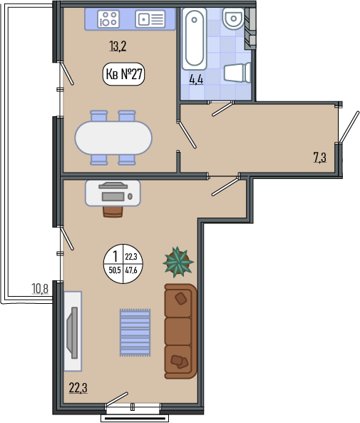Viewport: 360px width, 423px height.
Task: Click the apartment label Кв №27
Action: [x=124, y=73]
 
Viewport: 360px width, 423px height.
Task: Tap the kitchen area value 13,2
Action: [x=118, y=46]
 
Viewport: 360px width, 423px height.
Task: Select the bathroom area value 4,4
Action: [x=196, y=79]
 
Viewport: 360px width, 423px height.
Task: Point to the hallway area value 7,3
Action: [x=320, y=157]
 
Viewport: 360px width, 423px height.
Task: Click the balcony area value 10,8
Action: [x=40, y=288]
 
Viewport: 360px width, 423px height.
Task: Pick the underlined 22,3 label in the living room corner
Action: [x=78, y=388]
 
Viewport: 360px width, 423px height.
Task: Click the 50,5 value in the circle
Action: [x=115, y=270]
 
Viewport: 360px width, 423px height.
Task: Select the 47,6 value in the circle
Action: [x=131, y=270]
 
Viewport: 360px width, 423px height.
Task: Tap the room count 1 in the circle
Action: [x=115, y=256]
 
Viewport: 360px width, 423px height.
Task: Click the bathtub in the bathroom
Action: [x=194, y=39]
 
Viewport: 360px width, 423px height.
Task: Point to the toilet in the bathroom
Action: [x=237, y=72]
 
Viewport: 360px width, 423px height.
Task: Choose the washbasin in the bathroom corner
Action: [x=233, y=19]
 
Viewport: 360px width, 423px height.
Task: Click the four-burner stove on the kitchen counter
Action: [x=108, y=19]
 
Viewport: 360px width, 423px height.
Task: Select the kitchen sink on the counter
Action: [x=150, y=19]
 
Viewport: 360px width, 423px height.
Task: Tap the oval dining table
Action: [x=113, y=138]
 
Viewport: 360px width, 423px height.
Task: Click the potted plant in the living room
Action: [x=178, y=262]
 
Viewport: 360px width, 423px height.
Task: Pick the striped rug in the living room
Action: [x=135, y=332]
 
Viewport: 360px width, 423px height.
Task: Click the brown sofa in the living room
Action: [x=180, y=331]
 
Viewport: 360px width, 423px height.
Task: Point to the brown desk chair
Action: [x=113, y=211]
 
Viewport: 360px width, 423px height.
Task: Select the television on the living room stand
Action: [x=72, y=332]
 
